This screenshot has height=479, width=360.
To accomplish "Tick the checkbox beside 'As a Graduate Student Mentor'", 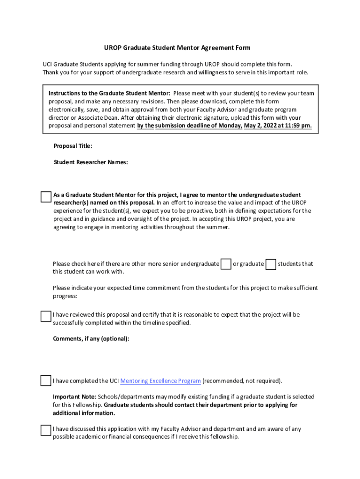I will coord(45,197).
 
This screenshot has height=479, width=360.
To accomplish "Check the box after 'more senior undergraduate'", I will coord(226,264).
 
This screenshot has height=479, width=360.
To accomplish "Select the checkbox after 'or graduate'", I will coord(270,264).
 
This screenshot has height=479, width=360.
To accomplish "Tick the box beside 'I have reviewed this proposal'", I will coord(45,316).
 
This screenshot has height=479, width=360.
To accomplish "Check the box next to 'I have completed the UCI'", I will coord(45,380).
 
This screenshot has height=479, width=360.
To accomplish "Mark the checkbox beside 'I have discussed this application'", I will coord(45,430).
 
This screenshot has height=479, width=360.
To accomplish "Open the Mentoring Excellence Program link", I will coord(160,381).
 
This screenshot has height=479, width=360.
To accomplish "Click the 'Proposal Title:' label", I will coord(73,146).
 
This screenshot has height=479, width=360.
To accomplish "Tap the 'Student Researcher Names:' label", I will coord(91,162).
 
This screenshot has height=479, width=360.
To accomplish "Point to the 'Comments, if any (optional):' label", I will coord(91,339).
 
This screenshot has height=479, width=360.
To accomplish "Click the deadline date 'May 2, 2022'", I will coord(261,126).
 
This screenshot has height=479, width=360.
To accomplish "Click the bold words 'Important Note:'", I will coord(74,397).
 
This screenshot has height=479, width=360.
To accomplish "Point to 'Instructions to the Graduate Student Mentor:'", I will coord(109,93).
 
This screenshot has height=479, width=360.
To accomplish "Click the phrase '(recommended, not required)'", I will coord(242,381).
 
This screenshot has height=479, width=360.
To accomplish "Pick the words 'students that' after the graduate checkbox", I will coord(295,264).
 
